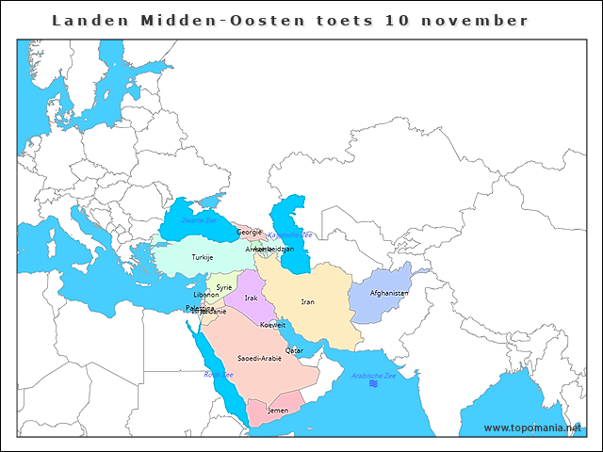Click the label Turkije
(203, 257)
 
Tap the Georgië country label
(249, 232)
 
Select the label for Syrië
(224, 287)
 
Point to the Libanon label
(206, 295)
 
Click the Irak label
(251, 298)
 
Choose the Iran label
(307, 301)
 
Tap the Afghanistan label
(389, 293)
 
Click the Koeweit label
(272, 324)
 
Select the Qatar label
(294, 349)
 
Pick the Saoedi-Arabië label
(259, 358)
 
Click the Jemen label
(278, 411)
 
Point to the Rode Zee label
(219, 374)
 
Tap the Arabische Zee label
(374, 375)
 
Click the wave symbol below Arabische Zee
(374, 384)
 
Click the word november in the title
(481, 20)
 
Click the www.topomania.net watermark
(533, 428)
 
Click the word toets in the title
(340, 20)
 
